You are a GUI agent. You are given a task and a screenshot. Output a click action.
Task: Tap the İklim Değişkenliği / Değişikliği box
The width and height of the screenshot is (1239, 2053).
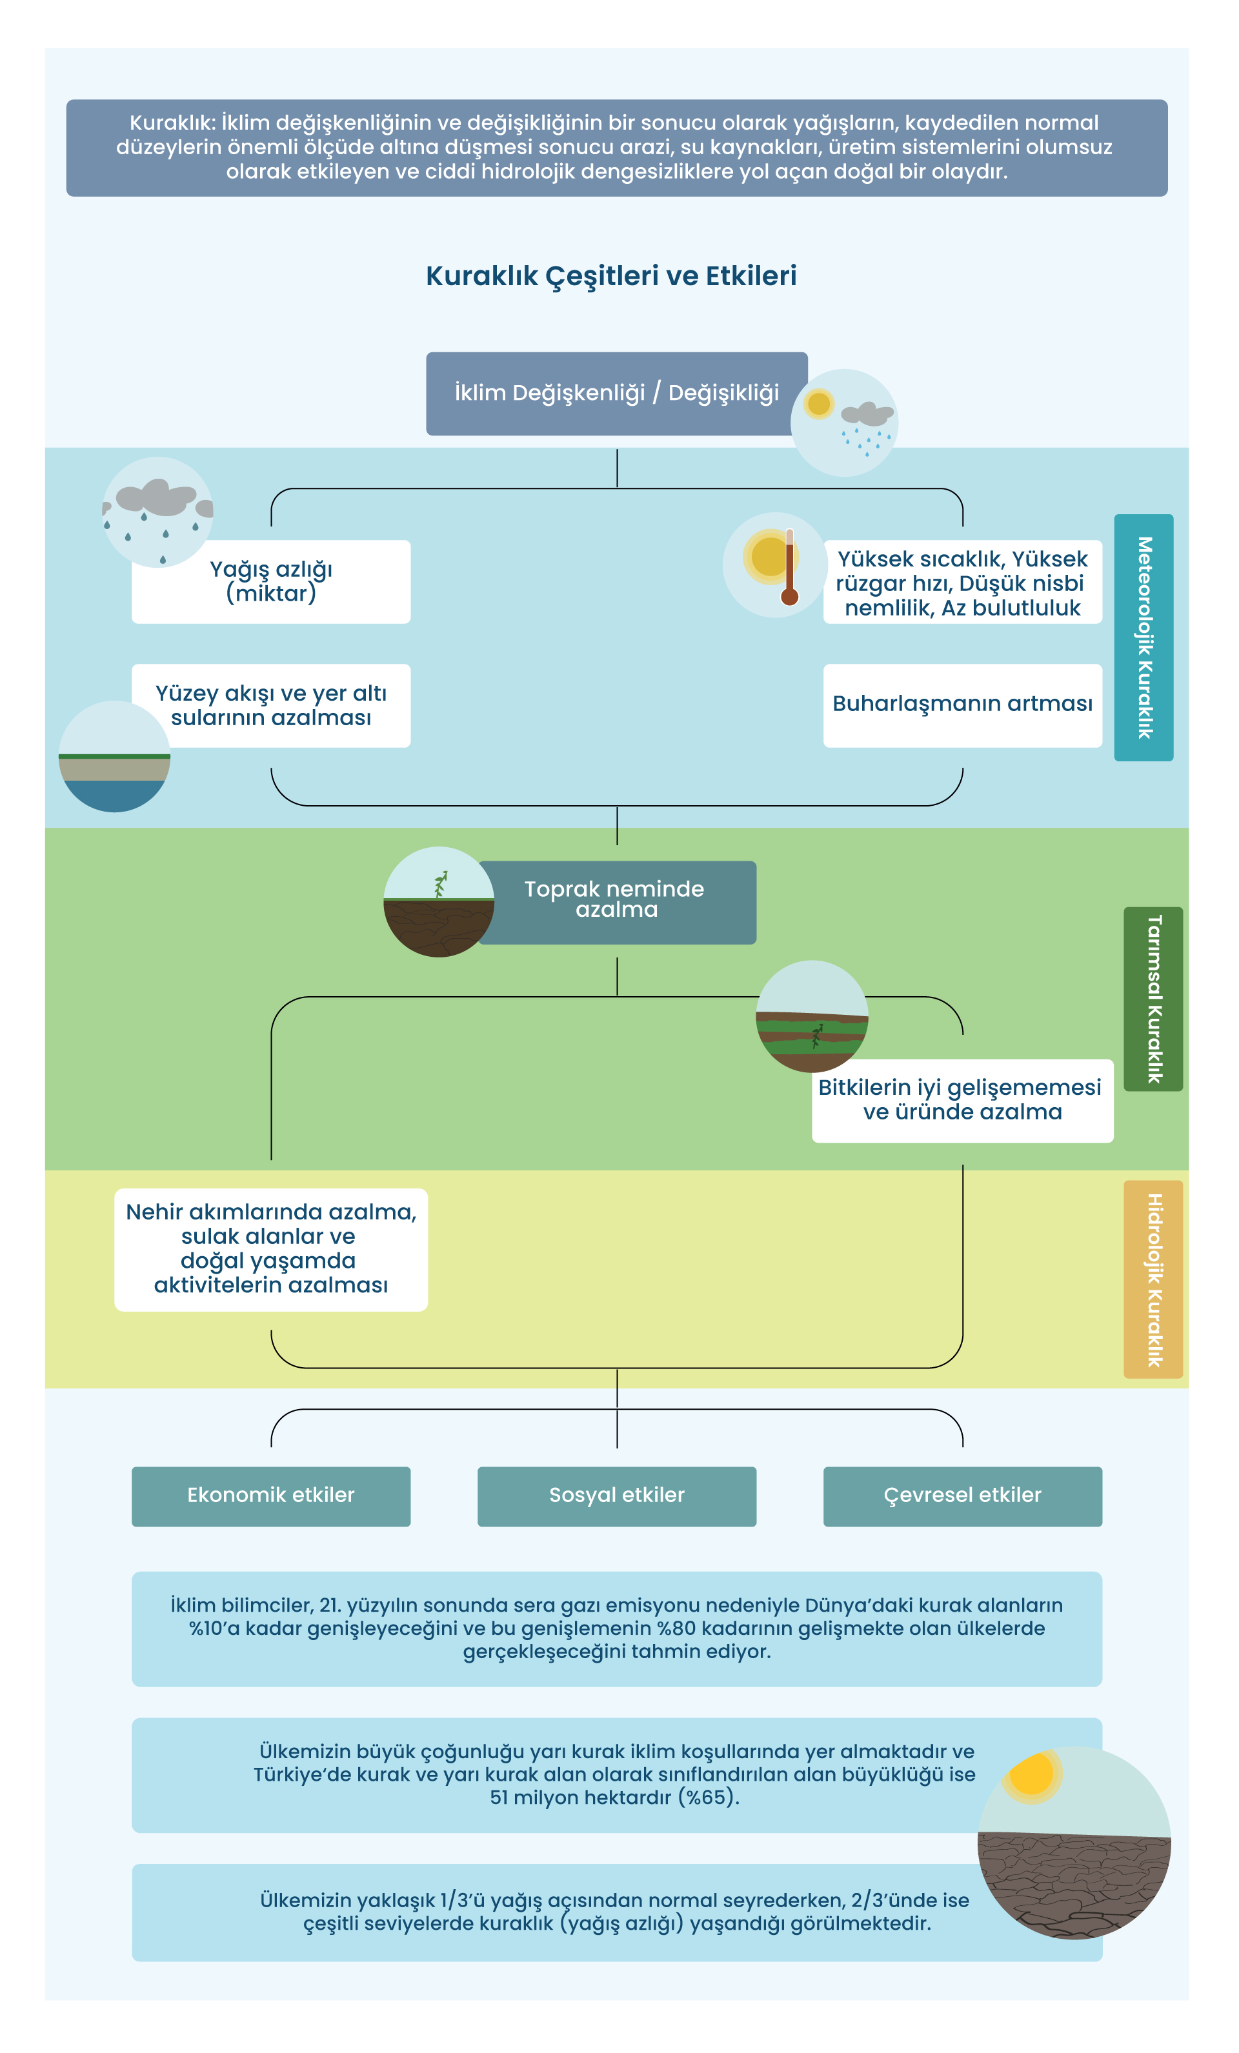point(616,394)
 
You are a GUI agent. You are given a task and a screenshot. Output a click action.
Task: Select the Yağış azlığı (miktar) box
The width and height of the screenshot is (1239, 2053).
point(271,581)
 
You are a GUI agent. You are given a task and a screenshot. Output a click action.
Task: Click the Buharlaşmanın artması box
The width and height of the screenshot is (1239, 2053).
point(962,705)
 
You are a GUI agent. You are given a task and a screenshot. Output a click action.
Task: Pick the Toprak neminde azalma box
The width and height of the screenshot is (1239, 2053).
point(616,903)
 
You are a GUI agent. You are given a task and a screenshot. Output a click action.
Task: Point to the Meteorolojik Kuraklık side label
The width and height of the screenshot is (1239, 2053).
point(1143,637)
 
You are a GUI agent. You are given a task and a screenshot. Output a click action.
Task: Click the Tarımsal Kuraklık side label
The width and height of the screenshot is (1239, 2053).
point(1153,999)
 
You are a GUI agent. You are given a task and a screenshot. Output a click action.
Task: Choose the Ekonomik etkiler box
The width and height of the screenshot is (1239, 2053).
point(271,1496)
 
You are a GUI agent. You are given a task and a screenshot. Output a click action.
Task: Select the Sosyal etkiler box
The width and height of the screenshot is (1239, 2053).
point(616,1496)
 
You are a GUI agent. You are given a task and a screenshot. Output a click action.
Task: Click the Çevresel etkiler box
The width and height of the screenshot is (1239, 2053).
point(962,1496)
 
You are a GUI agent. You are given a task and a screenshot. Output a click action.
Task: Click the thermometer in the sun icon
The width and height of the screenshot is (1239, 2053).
point(789,567)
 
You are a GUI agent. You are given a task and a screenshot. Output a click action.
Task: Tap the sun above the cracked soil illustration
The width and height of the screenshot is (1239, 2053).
point(1033,1776)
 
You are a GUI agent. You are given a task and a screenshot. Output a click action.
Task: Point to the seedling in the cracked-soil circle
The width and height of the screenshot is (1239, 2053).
point(440,884)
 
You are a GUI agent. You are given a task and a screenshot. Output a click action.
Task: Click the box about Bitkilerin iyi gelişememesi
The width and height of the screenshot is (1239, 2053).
point(962,1101)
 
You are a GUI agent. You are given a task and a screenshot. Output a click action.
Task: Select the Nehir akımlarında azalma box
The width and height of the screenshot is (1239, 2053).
point(271,1250)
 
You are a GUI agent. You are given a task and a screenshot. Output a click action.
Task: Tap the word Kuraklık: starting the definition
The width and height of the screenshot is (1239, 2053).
point(172,123)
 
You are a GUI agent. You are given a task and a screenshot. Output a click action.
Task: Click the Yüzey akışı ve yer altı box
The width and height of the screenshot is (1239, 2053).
point(271,705)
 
